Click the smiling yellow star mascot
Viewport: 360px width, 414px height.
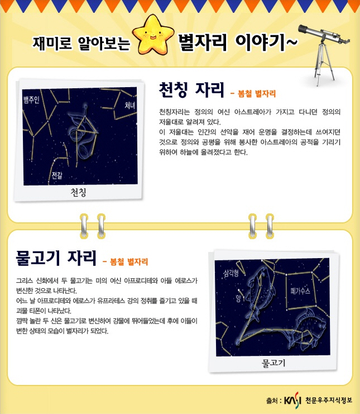(x=153, y=34)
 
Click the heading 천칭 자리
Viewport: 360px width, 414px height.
(x=191, y=90)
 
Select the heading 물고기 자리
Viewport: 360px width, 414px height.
(x=56, y=258)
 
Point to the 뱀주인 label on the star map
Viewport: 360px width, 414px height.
(x=31, y=99)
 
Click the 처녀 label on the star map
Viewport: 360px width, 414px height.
(x=129, y=106)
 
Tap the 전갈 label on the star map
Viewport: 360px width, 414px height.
(x=57, y=175)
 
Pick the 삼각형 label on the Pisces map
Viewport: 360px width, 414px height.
(x=231, y=273)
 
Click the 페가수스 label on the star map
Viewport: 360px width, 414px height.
(x=300, y=291)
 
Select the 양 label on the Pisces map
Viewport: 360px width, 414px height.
(x=238, y=298)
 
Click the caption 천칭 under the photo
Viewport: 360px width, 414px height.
(x=78, y=192)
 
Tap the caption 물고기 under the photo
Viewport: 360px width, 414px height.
(x=273, y=363)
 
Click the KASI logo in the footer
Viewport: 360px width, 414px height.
(x=292, y=400)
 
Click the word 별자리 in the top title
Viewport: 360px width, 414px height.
(x=202, y=42)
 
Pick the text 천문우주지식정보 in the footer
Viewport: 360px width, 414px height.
(x=329, y=400)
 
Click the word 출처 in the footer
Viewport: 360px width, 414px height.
(x=272, y=401)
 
